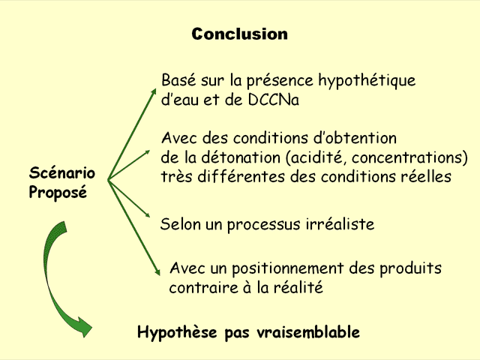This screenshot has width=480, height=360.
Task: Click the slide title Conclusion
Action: point(239,34)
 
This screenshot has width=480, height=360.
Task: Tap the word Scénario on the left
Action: point(61,173)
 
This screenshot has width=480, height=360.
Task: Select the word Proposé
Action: point(58,193)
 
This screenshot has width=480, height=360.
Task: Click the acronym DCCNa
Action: point(273,100)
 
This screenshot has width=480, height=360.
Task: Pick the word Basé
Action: point(178,80)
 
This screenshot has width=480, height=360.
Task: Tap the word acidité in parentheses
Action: point(324,158)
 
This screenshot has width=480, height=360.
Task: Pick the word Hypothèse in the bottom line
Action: point(178,332)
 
